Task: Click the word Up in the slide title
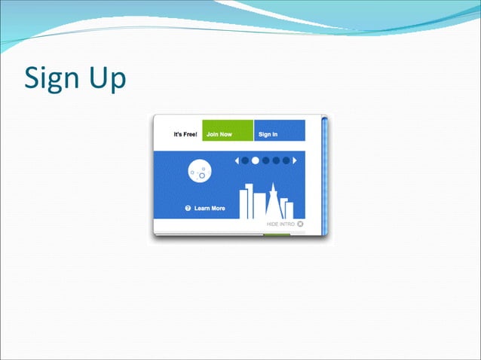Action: coord(105,79)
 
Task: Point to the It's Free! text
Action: coord(185,135)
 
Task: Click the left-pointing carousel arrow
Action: coord(236,160)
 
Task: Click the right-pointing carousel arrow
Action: coord(295,160)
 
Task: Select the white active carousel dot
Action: coord(256,160)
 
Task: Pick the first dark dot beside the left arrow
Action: coord(245,160)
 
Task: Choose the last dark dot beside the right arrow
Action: coord(286,160)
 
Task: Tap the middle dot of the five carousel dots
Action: coord(265,160)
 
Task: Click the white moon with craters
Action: coord(199,172)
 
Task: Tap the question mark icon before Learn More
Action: coord(188,208)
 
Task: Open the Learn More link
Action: coord(210,208)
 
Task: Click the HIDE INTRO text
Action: coord(280,224)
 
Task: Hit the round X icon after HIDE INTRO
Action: coord(300,224)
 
